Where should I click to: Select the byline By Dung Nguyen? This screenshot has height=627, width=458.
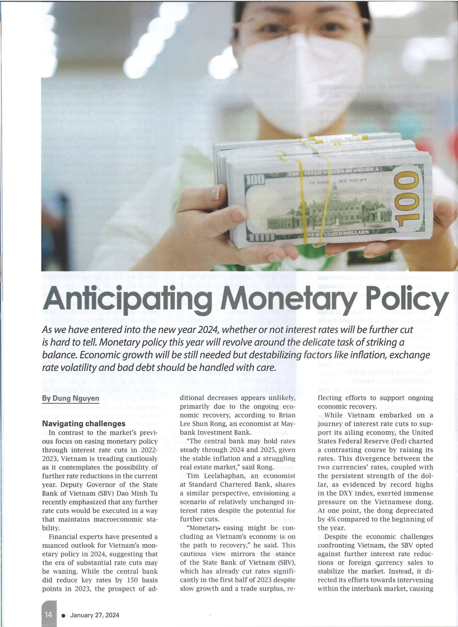tap(71, 398)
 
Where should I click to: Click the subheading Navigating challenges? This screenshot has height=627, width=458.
tap(84, 424)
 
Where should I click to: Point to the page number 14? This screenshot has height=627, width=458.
tap(48, 615)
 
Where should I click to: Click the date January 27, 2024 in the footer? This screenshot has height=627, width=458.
tap(95, 615)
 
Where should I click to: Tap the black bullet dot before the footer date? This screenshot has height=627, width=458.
tap(63, 616)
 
